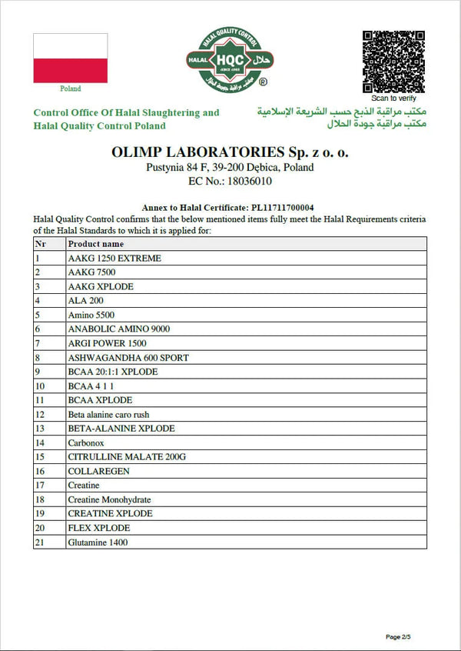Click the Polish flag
(x=70, y=58)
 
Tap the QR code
(x=393, y=62)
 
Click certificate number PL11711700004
(x=283, y=208)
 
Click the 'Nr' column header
(x=41, y=244)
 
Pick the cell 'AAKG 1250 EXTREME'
(x=114, y=259)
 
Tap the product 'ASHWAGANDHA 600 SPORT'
(x=128, y=358)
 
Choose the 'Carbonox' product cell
(x=86, y=442)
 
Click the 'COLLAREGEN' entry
(x=99, y=471)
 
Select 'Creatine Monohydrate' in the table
(x=109, y=499)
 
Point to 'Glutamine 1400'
(x=98, y=542)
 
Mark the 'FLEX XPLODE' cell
(x=98, y=528)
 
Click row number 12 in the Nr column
(x=41, y=414)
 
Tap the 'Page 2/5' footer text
(x=403, y=636)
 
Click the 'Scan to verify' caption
(x=394, y=98)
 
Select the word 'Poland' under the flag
(x=70, y=88)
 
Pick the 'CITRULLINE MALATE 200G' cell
(x=127, y=457)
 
